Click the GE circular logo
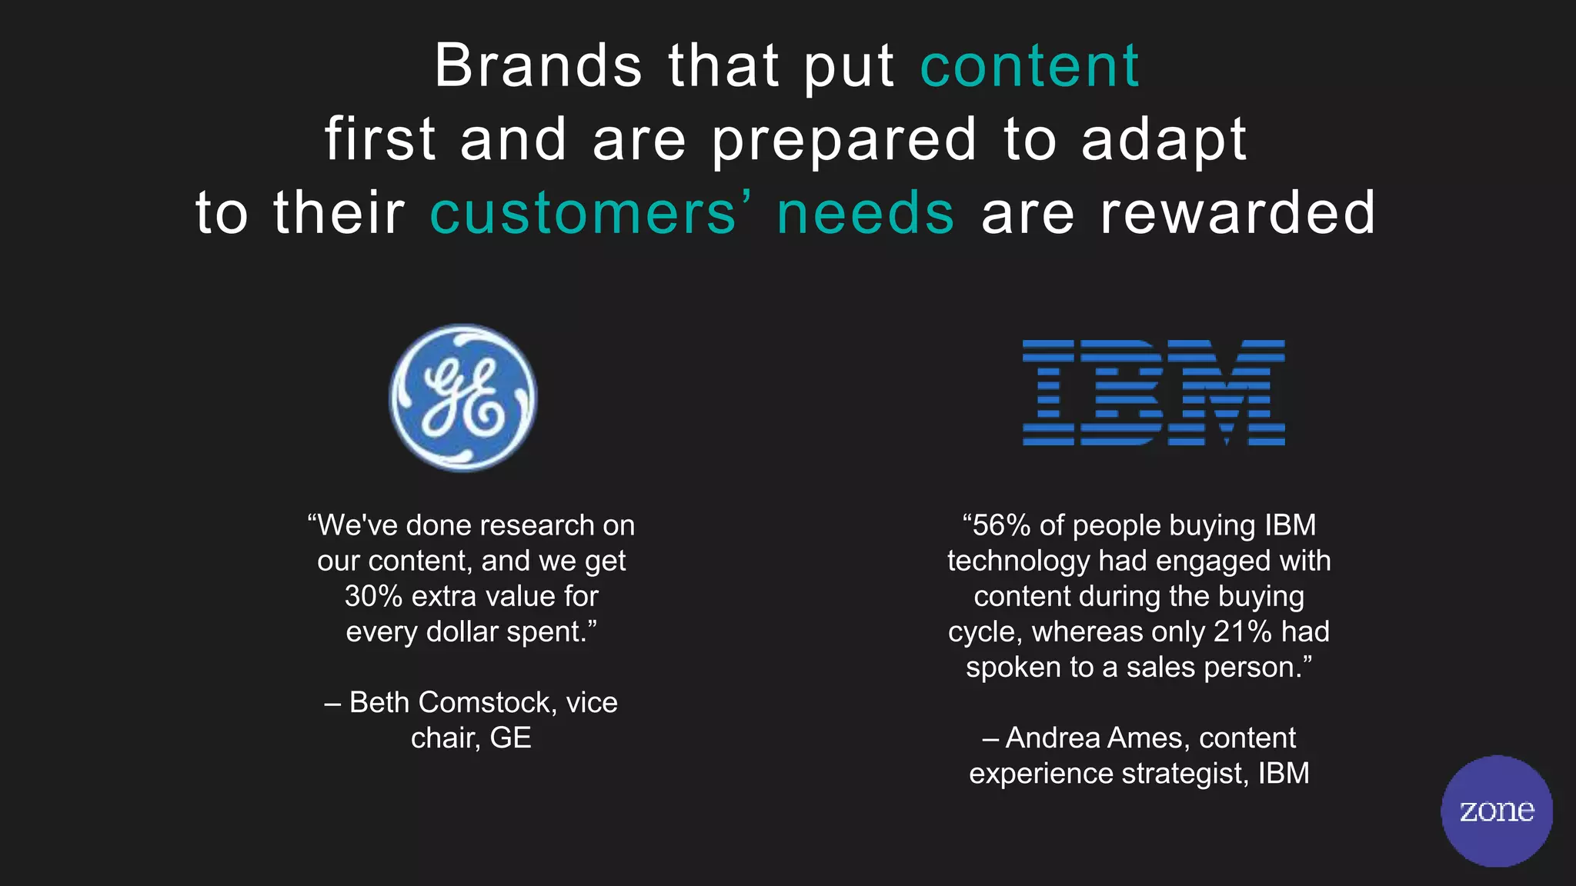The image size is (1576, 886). [463, 397]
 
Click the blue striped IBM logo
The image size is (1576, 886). [1153, 392]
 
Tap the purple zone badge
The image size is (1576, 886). [1496, 811]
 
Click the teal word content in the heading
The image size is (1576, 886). [1030, 66]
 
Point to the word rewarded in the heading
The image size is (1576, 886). [1237, 213]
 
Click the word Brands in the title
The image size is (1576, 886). [538, 66]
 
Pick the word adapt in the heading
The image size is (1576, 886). [1164, 142]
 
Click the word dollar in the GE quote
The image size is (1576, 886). [463, 631]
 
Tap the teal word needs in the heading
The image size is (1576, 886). [866, 213]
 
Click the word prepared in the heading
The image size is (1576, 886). [844, 142]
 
